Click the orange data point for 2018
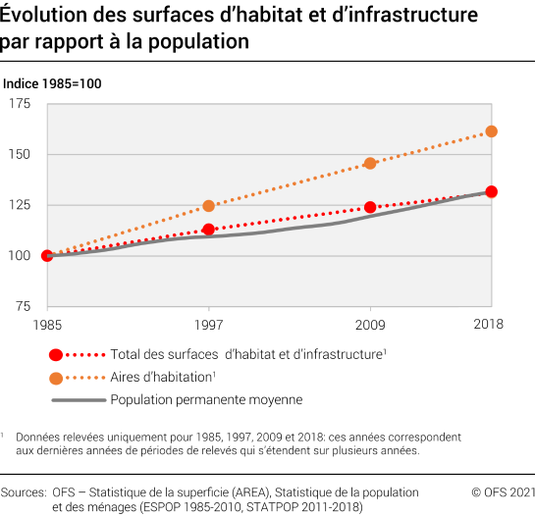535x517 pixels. point(492,131)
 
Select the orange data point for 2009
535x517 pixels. point(370,163)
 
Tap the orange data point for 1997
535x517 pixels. point(208,206)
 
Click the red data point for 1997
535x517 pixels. point(208,230)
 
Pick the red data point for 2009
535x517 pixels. point(370,207)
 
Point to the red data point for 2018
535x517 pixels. point(492,192)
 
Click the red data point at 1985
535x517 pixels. point(46,255)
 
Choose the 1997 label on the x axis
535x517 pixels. point(208,325)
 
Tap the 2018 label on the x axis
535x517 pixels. point(488,325)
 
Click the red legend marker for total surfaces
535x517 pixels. point(56,354)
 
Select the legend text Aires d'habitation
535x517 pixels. point(161,377)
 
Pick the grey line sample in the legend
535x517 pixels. point(77,399)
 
